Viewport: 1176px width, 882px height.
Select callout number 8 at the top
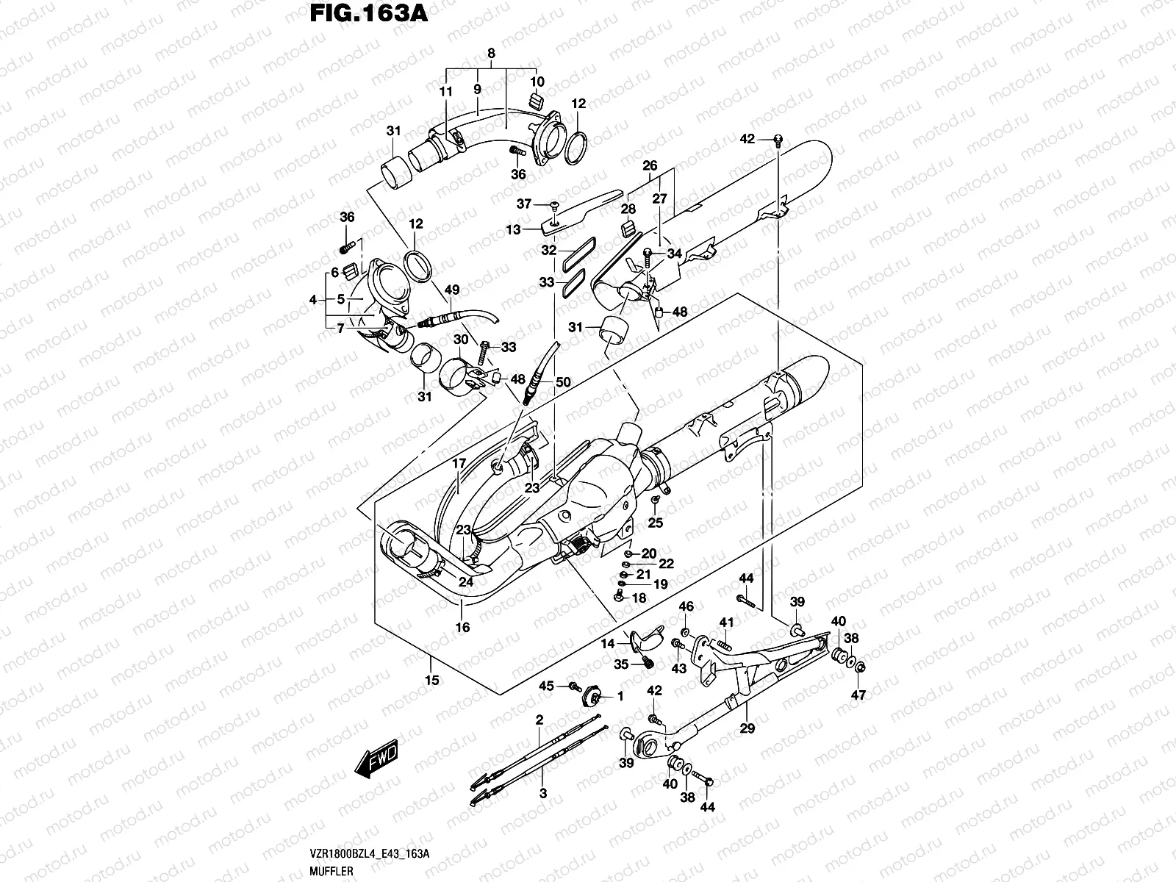tap(491, 53)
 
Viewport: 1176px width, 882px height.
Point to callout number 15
tap(432, 681)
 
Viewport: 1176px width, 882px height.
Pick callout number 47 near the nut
tap(858, 695)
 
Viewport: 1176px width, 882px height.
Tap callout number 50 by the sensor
tap(563, 382)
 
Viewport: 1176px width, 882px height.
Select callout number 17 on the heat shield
tap(459, 464)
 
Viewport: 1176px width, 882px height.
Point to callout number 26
tap(650, 165)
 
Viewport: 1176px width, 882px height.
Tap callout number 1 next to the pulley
tap(620, 695)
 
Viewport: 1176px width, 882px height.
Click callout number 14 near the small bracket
tap(608, 644)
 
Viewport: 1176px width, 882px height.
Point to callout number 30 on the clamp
tap(460, 340)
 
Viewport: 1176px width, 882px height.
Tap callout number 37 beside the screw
tap(544, 204)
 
